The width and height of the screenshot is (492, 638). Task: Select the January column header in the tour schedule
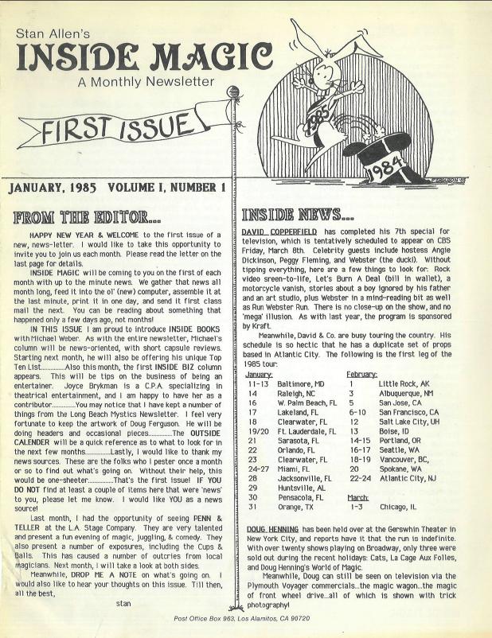pyautogui.click(x=260, y=352)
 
